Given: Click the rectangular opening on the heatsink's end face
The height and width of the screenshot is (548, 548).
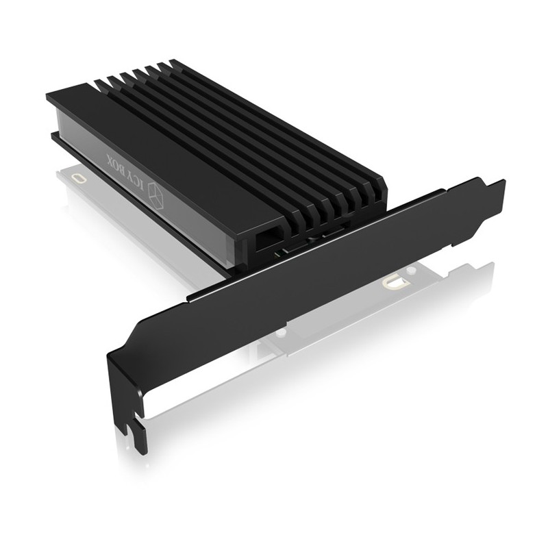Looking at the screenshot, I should pyautogui.click(x=267, y=238).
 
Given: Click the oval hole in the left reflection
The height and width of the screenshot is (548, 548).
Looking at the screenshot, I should pyautogui.click(x=82, y=178).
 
